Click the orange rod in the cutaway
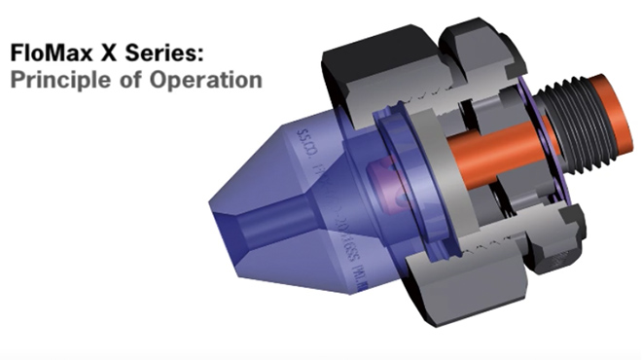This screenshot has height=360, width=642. [486, 156]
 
